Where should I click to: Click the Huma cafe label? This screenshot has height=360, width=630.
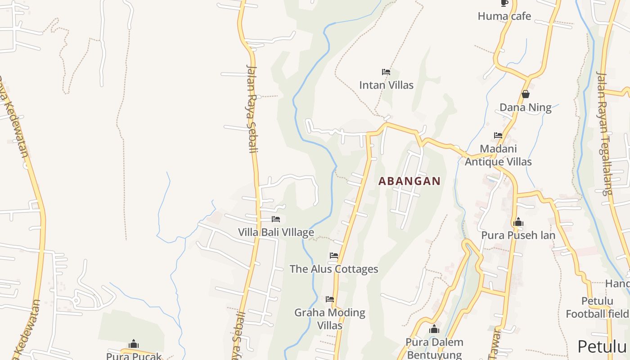504,16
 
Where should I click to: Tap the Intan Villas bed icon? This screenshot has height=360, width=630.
386,72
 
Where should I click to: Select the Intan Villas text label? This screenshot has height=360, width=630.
386,85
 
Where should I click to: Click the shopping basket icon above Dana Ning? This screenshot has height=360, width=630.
525,94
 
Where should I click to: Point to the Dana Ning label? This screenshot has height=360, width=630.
525,107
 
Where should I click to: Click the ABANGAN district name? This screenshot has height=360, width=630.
409,181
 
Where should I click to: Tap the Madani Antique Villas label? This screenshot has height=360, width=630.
498,155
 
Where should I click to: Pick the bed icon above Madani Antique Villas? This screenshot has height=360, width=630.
498,135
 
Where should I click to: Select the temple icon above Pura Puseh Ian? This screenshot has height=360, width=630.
518,222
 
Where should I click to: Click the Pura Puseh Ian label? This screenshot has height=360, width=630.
518,235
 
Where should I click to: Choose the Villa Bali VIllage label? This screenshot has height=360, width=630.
276,232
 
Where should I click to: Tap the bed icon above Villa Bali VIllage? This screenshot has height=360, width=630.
276,219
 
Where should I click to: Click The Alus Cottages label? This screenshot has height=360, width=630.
333,269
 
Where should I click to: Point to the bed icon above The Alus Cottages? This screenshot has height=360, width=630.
333,255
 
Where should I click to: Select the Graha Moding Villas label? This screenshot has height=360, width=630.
330,319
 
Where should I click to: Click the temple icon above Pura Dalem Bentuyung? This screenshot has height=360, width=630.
434,329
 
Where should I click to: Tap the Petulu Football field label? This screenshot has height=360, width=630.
597,307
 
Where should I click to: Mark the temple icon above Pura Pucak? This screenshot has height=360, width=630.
133,344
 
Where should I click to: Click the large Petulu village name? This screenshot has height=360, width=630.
602,346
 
